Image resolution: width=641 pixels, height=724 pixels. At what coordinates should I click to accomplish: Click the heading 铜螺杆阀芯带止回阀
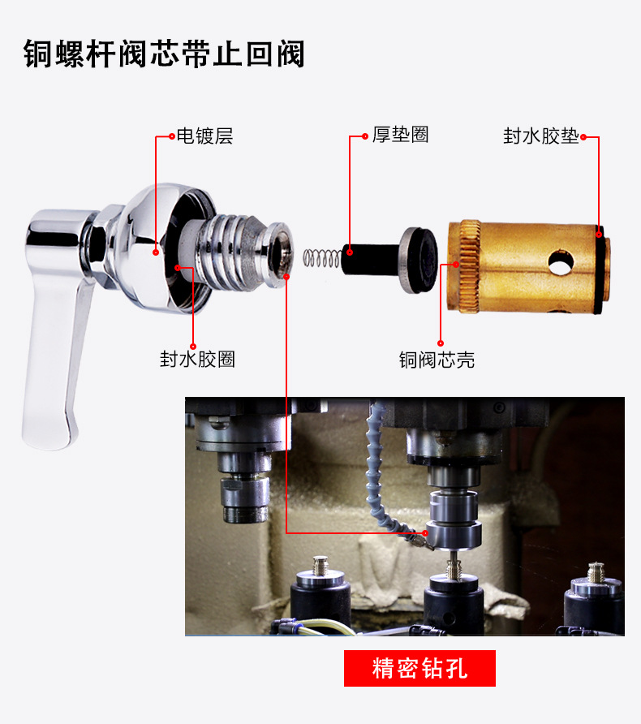coord(165,54)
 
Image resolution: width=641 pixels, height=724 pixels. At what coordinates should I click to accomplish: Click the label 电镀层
coord(204,136)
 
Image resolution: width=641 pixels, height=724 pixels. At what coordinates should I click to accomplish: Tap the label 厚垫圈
coord(400,135)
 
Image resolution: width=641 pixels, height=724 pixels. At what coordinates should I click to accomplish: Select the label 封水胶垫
coord(541,136)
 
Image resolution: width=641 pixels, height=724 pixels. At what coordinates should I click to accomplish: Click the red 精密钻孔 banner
coord(419,669)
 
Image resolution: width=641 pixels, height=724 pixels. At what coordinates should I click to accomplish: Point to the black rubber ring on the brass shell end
coord(601,267)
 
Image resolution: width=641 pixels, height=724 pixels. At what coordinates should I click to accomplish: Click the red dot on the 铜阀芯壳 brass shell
coord(456,264)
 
